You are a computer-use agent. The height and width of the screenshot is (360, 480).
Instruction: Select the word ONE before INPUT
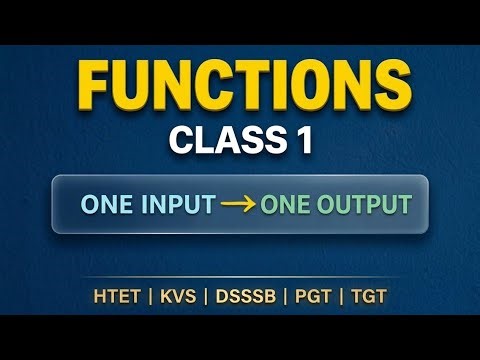(x=107, y=205)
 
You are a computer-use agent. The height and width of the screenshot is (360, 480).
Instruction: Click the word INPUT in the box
(x=177, y=205)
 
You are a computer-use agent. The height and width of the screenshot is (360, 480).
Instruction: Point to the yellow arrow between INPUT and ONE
(x=238, y=205)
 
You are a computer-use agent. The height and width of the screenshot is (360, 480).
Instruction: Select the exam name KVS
(x=175, y=297)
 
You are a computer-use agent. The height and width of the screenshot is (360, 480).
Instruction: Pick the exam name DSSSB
(x=243, y=297)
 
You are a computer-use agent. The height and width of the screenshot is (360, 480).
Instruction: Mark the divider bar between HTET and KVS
(x=145, y=297)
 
